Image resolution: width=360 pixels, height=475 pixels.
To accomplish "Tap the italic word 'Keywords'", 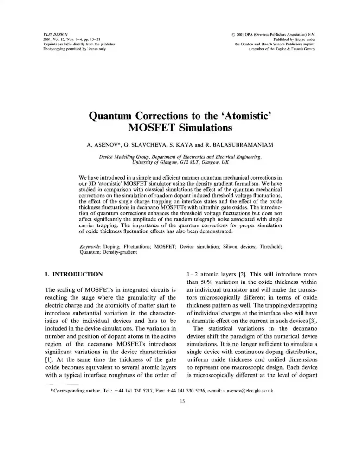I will [90, 247].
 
